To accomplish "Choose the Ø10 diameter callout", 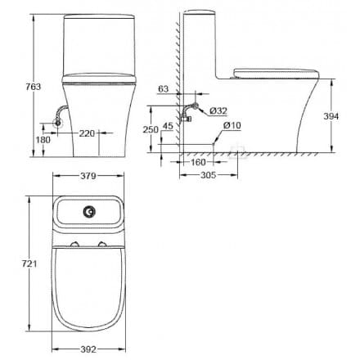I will (232, 125).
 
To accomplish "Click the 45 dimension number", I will (169, 125).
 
